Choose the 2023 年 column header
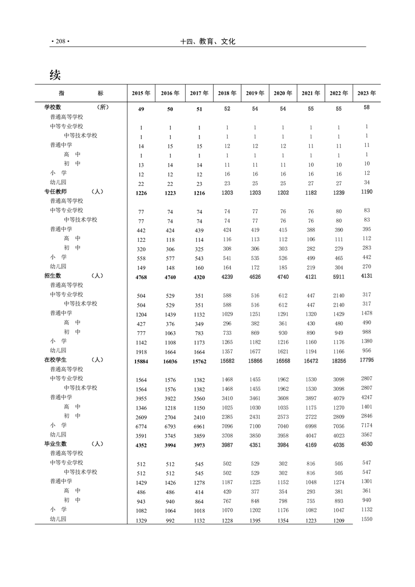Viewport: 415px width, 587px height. [x=366, y=93]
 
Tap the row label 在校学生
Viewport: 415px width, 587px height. [x=55, y=360]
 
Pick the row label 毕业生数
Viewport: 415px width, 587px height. [x=55, y=444]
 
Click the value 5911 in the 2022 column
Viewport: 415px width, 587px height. [x=339, y=277]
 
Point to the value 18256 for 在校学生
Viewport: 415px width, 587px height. [x=339, y=361]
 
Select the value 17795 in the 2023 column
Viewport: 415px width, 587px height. [x=366, y=359]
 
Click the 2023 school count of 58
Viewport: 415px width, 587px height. [x=366, y=107]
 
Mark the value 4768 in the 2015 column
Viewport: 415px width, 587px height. [x=141, y=277]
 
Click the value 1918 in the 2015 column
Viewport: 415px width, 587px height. [x=141, y=352]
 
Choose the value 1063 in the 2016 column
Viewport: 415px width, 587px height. [x=170, y=333]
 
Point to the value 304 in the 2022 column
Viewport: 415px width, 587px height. [x=339, y=268]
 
